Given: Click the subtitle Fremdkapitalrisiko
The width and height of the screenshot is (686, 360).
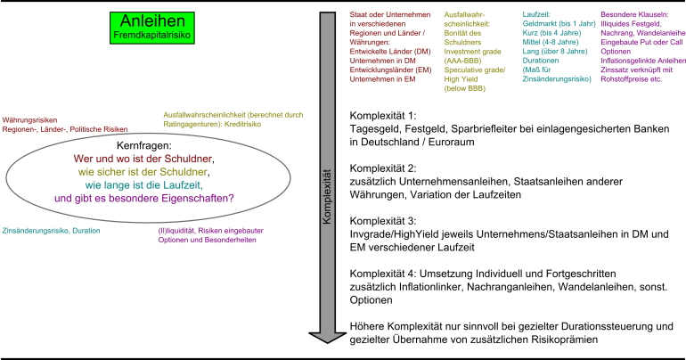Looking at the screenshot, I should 151,35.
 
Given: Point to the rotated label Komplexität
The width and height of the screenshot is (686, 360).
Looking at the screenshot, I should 327,195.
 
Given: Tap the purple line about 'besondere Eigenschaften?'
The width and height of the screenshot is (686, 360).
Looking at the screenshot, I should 143,198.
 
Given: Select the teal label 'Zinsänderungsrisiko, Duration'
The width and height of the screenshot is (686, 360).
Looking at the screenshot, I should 51,231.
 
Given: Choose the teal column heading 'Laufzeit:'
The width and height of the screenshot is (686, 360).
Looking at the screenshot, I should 537,14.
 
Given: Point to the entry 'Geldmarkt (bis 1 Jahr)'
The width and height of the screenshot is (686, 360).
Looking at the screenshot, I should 559,23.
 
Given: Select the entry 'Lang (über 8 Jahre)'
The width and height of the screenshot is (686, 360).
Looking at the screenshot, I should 554,52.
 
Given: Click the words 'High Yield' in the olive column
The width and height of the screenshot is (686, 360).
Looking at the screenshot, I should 461,79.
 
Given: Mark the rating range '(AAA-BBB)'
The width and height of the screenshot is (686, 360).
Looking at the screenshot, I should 464,61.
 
